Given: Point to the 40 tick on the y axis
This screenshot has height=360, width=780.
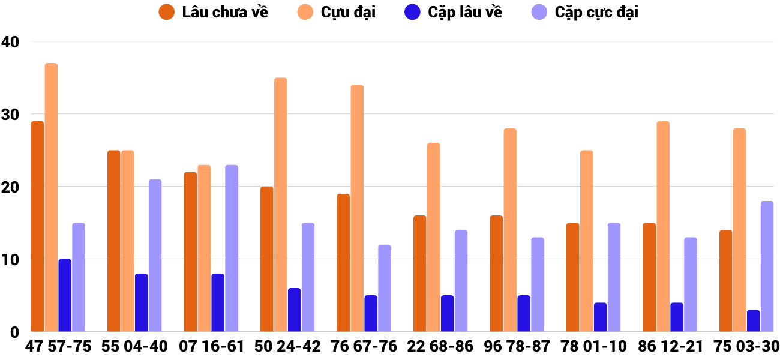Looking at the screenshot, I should [x=10, y=42].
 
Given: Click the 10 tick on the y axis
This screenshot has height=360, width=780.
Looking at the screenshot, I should [x=10, y=260].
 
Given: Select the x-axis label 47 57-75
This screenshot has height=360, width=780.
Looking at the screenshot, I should [x=58, y=347].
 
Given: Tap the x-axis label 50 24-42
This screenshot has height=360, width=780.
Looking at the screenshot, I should [x=288, y=347].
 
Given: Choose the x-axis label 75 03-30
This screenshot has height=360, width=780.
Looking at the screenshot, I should [x=746, y=347].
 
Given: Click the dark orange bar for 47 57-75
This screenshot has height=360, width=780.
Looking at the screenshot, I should [x=37, y=226].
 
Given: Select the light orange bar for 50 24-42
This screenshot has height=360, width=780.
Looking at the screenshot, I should [x=281, y=205].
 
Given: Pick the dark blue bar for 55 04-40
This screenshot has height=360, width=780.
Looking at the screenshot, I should [x=141, y=302].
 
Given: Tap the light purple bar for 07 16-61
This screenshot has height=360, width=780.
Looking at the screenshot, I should [x=232, y=248].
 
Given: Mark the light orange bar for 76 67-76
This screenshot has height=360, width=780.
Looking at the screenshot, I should [x=357, y=208].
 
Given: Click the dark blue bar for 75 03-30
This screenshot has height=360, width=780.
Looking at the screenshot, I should [x=753, y=320].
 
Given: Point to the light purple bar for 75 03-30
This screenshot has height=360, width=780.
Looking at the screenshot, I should [x=767, y=266].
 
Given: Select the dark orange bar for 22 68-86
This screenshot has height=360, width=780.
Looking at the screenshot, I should [x=420, y=274].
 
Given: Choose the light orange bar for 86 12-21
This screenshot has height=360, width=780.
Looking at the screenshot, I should [x=663, y=226].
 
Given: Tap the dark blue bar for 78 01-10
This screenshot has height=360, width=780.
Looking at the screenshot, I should [x=600, y=317].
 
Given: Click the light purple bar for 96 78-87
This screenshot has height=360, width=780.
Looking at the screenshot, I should [x=538, y=284].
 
